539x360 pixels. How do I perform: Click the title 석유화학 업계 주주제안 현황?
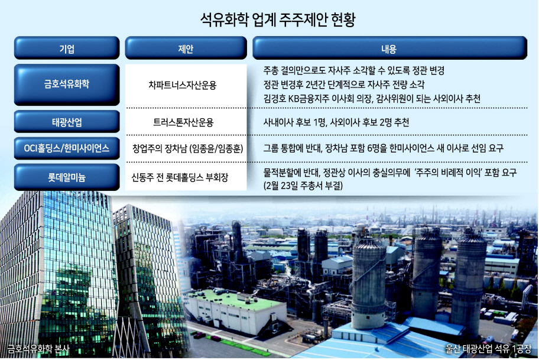[277, 20]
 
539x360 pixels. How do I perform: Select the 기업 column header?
[67, 48]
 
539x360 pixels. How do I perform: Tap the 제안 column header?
[186, 48]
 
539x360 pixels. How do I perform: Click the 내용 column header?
[389, 48]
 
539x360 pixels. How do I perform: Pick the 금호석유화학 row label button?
[67, 85]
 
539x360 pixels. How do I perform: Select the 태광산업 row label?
[67, 122]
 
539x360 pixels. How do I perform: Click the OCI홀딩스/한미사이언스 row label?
[67, 148]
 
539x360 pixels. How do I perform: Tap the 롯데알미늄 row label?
[67, 177]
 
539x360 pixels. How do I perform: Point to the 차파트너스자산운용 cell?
[183, 85]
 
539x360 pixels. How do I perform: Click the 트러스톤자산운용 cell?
[183, 122]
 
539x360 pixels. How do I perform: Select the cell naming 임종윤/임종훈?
[188, 148]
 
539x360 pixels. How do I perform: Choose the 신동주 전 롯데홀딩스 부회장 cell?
[180, 177]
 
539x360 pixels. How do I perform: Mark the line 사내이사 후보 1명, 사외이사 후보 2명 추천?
[336, 122]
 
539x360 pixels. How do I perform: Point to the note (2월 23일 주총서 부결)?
[303, 186]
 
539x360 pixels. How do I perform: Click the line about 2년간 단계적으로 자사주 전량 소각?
[344, 85]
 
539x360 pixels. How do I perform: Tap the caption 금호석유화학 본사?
[38, 349]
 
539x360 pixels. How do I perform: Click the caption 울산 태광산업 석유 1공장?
[488, 349]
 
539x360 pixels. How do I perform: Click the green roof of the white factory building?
[237, 299]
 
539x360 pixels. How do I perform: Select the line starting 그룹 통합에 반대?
[384, 148]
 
